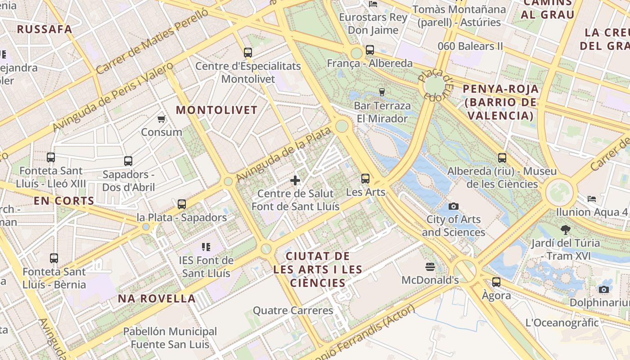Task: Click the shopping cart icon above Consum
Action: point(161,119)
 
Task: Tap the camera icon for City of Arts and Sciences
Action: point(454,206)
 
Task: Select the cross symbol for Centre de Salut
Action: point(295,180)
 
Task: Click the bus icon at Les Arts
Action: point(365,179)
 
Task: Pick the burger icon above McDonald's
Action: point(430,267)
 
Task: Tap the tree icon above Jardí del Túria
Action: point(566,230)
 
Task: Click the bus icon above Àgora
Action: point(496,282)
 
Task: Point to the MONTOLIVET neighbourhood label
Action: point(216,110)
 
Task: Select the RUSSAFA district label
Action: point(45,29)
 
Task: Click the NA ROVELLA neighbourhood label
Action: point(157,298)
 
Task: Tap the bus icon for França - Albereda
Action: point(370,50)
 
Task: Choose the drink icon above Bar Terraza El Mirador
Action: point(382,92)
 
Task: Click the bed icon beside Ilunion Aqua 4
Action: point(592,198)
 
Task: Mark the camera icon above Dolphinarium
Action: point(604,289)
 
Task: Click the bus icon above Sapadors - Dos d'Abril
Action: point(128,161)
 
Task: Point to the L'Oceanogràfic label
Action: point(562,323)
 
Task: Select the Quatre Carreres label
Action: point(293,310)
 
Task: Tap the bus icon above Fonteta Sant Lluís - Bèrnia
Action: point(54,258)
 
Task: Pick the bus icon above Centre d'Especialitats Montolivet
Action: point(248,53)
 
